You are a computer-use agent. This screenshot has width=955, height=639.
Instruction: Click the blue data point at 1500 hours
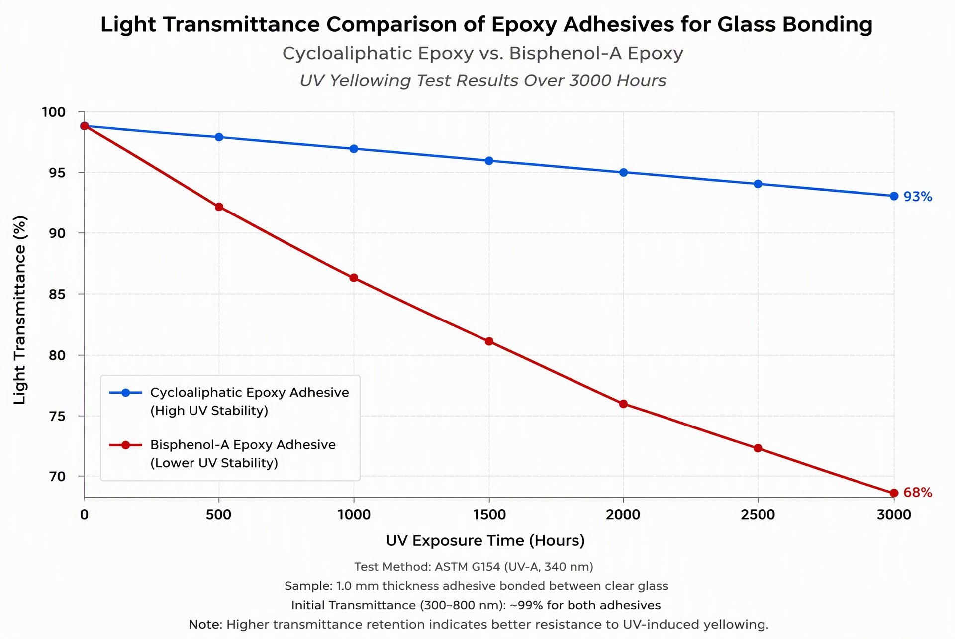pyautogui.click(x=489, y=161)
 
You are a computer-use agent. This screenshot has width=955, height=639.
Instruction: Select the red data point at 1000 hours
pyautogui.click(x=354, y=278)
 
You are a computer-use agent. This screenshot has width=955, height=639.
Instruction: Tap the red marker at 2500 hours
pyautogui.click(x=758, y=448)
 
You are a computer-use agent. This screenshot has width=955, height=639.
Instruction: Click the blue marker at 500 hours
pyautogui.click(x=219, y=137)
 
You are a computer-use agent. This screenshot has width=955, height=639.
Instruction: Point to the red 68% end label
pyautogui.click(x=918, y=493)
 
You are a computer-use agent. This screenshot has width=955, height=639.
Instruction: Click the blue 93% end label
pyautogui.click(x=918, y=197)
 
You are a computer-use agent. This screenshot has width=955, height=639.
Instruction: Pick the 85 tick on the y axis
pyautogui.click(x=57, y=294)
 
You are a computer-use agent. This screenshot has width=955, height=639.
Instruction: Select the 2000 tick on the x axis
pyautogui.click(x=623, y=515)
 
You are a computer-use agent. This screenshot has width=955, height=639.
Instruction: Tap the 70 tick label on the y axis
pyautogui.click(x=57, y=476)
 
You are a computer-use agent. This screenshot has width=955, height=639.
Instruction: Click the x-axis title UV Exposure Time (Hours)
pyautogui.click(x=485, y=541)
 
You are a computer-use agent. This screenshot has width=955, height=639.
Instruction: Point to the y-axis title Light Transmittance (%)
pyautogui.click(x=19, y=310)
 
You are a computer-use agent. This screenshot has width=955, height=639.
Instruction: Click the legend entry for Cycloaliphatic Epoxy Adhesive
pyautogui.click(x=229, y=401)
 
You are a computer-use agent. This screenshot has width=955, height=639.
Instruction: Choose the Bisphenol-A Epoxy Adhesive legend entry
pyautogui.click(x=222, y=454)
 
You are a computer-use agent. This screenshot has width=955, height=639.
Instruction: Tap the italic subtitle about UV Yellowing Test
pyautogui.click(x=483, y=81)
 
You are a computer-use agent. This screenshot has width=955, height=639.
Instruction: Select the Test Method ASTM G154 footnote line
pyautogui.click(x=474, y=567)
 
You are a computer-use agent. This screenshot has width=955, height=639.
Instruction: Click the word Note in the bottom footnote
pyautogui.click(x=205, y=624)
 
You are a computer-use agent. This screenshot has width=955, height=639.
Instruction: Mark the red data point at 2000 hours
pyautogui.click(x=623, y=404)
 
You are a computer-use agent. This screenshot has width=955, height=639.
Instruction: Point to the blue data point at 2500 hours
pyautogui.click(x=758, y=184)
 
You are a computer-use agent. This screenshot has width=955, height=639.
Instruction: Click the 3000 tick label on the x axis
pyautogui.click(x=894, y=515)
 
